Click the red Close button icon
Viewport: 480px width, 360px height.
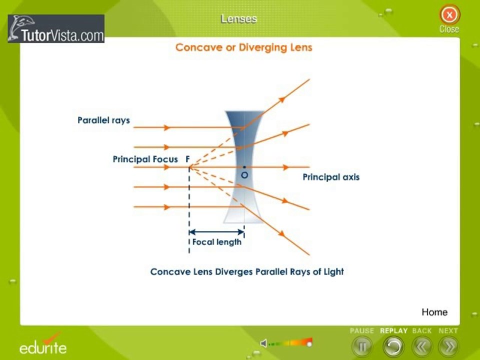(449, 14)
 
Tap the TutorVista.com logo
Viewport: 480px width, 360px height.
(56, 28)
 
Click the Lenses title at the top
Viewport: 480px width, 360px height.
(239, 19)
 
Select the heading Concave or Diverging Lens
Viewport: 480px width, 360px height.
(243, 47)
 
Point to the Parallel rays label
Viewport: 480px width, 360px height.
(104, 120)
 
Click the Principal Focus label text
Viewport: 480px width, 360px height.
(145, 159)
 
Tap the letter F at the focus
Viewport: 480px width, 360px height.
(187, 159)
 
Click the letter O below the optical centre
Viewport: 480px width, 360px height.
(244, 175)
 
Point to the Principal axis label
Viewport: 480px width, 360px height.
(331, 177)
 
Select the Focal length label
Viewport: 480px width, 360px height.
(216, 242)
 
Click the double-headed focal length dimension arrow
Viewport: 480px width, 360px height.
(216, 232)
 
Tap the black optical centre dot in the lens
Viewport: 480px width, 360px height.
(244, 167)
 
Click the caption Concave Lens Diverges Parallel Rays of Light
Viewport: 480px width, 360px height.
(247, 272)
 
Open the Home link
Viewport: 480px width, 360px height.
(434, 312)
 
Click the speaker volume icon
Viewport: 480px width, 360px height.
(263, 343)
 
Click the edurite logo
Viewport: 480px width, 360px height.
(43, 344)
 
